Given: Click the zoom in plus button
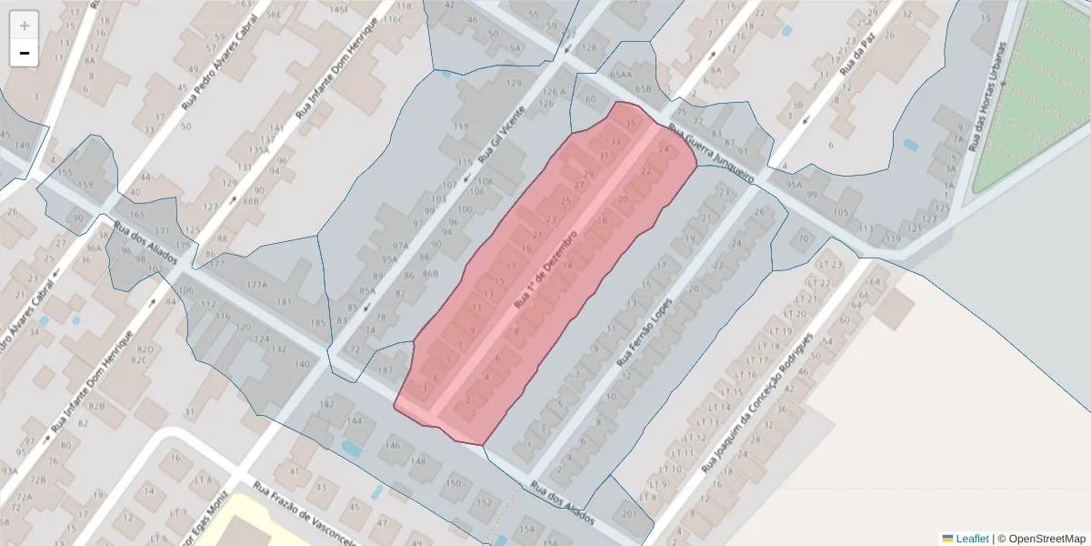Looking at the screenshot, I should (25, 25).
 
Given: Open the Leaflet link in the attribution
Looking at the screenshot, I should (971, 539).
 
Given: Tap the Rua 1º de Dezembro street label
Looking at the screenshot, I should (546, 268).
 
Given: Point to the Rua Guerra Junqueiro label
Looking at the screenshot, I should (711, 153).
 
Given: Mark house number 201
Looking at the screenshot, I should (629, 513).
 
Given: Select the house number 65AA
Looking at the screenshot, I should (621, 76).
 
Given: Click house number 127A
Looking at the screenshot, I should (256, 285).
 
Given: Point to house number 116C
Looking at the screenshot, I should (392, 19).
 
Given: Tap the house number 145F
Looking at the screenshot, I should (338, 9).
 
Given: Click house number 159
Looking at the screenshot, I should (85, 186).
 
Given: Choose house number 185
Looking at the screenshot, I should (316, 322).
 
